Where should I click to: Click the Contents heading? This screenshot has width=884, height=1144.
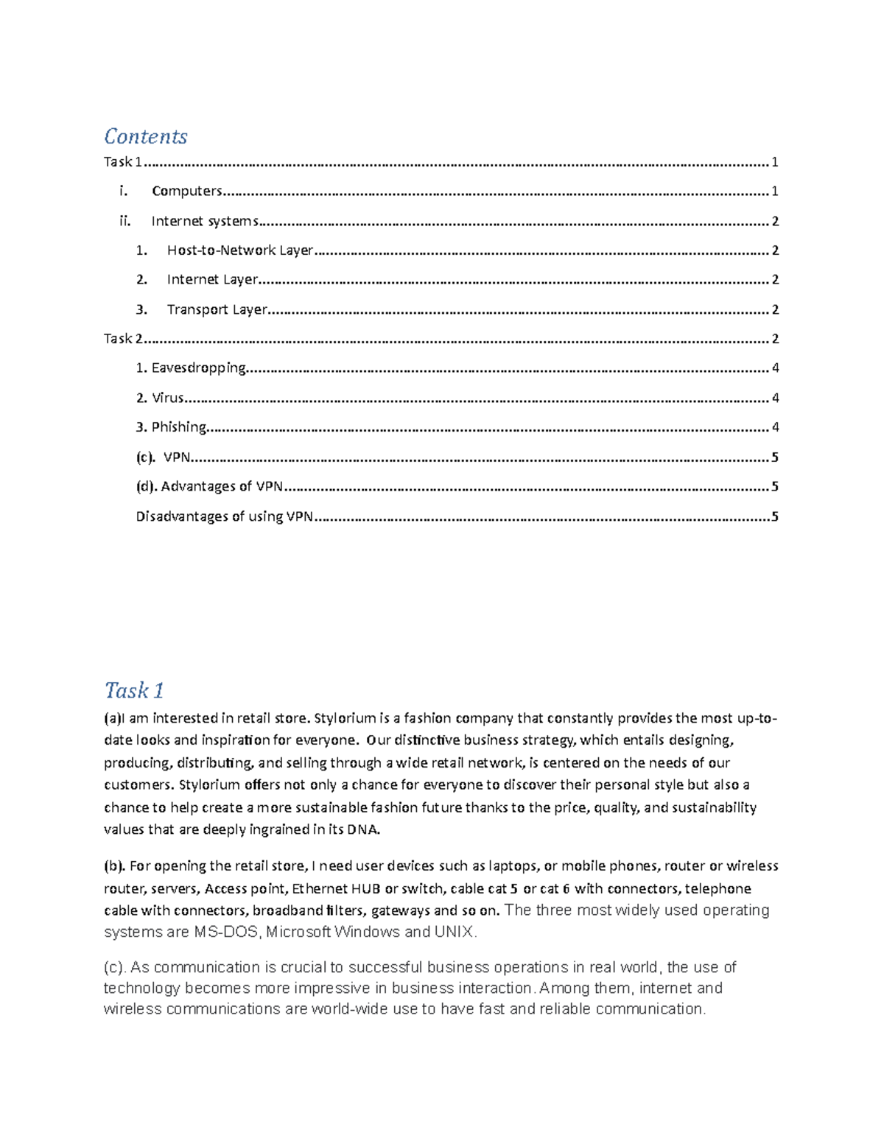(145, 136)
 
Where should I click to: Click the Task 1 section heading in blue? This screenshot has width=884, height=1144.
(133, 690)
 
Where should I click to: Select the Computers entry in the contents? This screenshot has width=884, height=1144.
(186, 192)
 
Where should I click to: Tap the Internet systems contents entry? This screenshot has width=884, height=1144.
(204, 221)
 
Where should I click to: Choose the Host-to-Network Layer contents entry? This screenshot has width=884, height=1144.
(240, 250)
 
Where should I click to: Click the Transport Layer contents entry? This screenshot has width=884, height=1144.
(217, 309)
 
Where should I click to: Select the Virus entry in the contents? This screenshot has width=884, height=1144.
(167, 398)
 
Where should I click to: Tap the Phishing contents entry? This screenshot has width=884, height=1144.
(178, 427)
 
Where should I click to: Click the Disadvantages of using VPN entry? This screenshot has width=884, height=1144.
(224, 516)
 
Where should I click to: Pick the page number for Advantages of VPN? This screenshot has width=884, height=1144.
(774, 487)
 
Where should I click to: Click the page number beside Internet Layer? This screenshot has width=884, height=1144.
(775, 280)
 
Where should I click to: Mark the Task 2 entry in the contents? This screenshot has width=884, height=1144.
(123, 339)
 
